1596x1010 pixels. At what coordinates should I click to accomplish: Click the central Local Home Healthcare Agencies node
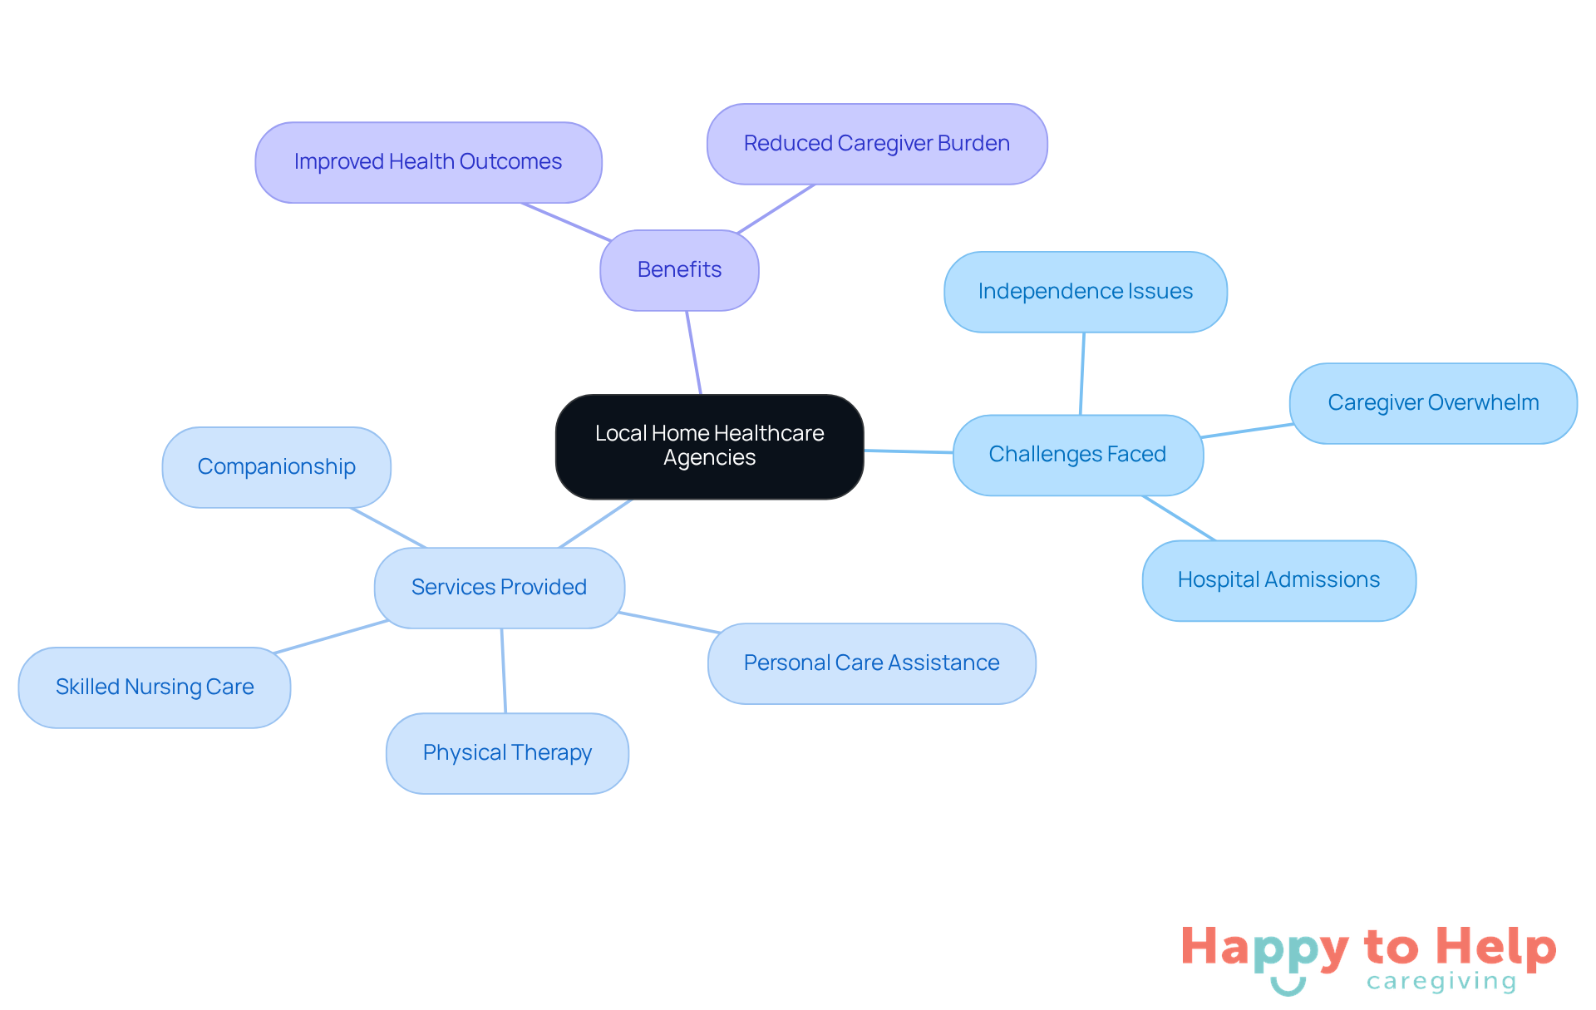(709, 446)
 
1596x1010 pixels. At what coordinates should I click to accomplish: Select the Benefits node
(679, 270)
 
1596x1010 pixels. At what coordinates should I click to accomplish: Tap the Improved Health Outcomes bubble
(428, 162)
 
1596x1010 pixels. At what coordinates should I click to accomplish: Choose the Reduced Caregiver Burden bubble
(876, 144)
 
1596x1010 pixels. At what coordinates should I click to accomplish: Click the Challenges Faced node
(1077, 455)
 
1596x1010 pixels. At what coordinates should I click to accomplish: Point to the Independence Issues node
(1085, 292)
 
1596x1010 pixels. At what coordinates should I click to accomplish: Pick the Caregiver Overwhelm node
(1432, 403)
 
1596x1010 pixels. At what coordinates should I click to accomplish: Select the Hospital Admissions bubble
(1278, 580)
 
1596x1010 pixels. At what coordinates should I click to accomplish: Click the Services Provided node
(499, 588)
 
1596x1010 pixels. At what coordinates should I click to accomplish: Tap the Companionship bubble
(276, 467)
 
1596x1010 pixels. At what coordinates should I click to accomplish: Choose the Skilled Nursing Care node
(155, 687)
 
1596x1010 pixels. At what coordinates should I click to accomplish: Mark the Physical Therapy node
(507, 753)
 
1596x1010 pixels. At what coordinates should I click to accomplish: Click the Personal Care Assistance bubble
(871, 663)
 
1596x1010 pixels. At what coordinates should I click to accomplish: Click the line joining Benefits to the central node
(694, 353)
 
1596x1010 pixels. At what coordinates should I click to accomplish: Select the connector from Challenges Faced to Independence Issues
(1082, 374)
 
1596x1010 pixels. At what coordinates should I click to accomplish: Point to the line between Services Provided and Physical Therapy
(503, 670)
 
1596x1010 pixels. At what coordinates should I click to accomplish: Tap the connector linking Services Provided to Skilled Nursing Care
(331, 637)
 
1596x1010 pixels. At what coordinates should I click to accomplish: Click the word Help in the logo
(1495, 948)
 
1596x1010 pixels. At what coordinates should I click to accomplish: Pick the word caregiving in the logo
(1441, 982)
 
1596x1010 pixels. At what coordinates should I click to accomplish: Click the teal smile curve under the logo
(1288, 988)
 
